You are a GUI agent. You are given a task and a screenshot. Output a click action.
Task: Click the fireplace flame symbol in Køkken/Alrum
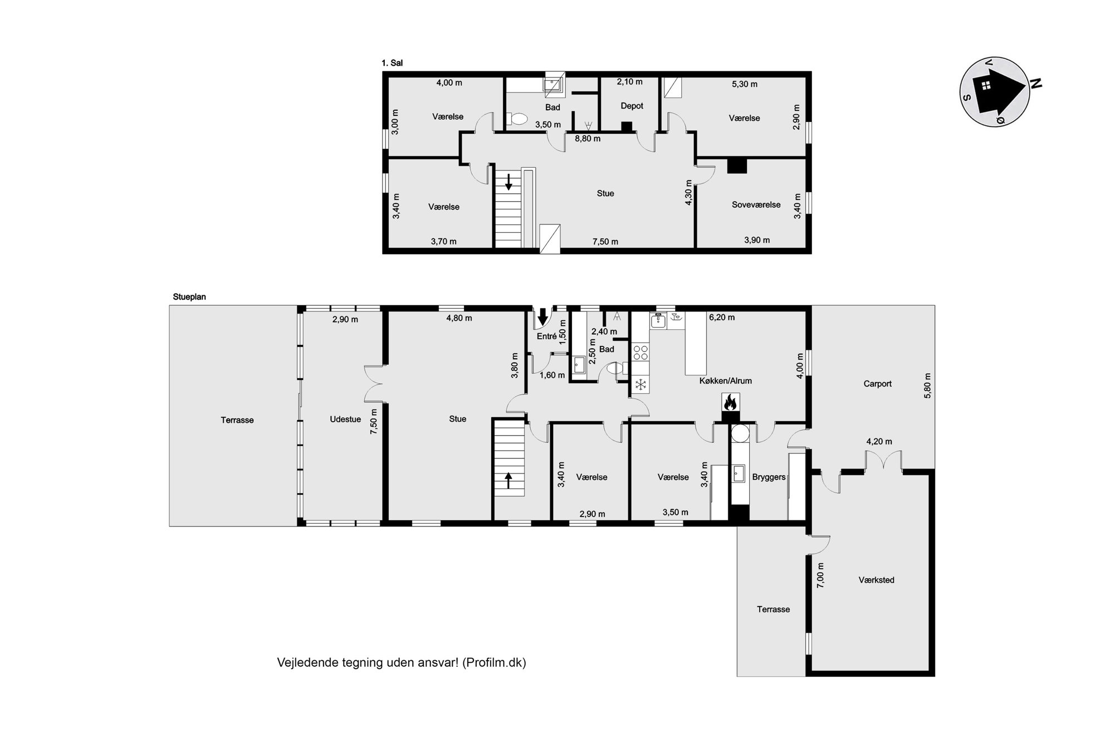coord(730,401)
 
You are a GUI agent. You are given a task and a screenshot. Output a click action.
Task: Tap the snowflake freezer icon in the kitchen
coord(641,384)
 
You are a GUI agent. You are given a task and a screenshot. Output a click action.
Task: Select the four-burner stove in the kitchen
coord(640,352)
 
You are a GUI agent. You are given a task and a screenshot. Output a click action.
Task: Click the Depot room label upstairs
coord(632,106)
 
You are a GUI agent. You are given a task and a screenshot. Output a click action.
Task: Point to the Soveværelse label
coord(756,205)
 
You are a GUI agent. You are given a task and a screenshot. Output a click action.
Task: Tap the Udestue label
coord(345,419)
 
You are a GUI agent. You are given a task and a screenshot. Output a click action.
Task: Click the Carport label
coord(877,384)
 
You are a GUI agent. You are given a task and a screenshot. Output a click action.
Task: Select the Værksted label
coord(876,580)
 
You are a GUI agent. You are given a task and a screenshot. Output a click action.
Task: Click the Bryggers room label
coord(769,477)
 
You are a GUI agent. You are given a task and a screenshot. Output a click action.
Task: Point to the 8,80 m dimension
coord(588,139)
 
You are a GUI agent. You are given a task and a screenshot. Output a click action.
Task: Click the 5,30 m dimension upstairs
coord(744,85)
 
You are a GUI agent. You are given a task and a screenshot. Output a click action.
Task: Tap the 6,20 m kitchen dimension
coord(721,318)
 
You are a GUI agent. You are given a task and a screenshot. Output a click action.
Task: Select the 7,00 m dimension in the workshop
coord(820,575)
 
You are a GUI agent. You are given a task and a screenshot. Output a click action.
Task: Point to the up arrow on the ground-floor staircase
coord(508,480)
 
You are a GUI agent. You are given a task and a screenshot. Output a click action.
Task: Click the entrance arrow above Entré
coord(542,316)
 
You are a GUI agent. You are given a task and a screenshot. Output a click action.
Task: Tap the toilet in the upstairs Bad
coord(517,119)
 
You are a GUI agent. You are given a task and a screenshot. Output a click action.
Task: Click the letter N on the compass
coord(1036,84)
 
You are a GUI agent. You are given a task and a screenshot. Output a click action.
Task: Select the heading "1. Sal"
coord(392,64)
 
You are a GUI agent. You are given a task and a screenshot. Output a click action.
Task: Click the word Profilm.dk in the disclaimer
coord(494,663)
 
